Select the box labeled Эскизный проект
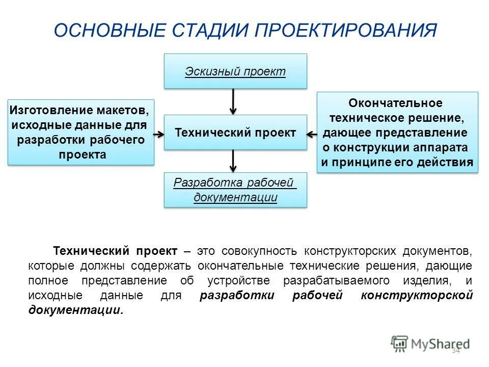[x=235, y=71]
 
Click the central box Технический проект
[x=235, y=133]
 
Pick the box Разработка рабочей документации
[x=235, y=190]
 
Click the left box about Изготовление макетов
[x=80, y=133]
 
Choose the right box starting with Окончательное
[x=397, y=133]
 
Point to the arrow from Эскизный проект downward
[x=233, y=101]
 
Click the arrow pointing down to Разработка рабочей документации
[x=233, y=161]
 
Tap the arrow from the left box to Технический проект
[x=159, y=134]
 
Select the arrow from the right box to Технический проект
[x=312, y=134]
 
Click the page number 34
[x=455, y=351]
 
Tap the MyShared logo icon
[x=400, y=344]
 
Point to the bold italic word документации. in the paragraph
[x=76, y=310]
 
